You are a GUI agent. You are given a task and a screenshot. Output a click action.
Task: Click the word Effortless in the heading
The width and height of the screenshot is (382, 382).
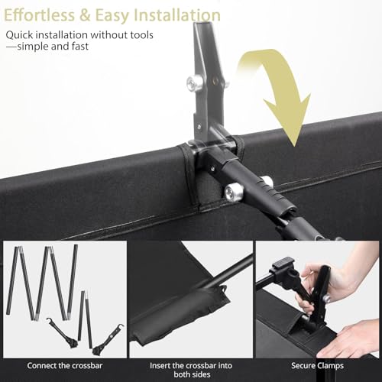[40, 15]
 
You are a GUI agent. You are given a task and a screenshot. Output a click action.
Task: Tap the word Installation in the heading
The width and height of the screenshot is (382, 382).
[177, 15]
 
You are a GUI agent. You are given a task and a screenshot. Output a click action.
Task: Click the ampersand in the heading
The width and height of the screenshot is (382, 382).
[85, 15]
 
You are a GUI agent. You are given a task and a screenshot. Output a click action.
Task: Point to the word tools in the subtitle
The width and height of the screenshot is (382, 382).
[141, 35]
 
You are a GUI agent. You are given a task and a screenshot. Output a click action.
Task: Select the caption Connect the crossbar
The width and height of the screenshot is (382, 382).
[65, 366]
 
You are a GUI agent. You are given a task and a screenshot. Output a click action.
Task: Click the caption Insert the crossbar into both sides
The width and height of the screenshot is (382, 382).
[191, 370]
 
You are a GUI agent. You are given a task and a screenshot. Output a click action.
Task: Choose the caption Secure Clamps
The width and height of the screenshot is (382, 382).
[317, 366]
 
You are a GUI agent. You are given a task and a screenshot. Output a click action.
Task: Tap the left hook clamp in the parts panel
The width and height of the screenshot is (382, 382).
[63, 333]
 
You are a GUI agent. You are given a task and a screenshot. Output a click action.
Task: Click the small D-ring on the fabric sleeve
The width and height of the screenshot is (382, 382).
[224, 289]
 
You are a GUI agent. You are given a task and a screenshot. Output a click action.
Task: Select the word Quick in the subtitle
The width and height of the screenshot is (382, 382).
[19, 35]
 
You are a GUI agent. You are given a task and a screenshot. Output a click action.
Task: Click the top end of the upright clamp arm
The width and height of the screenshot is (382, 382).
[202, 24]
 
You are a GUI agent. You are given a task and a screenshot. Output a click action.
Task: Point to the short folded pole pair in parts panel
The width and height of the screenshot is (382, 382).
[85, 319]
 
